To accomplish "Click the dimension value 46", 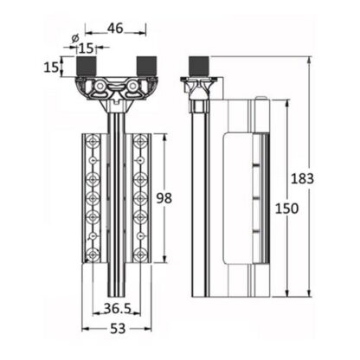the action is [x=115, y=28].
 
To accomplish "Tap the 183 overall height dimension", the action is [x=302, y=178].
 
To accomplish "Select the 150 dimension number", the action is [x=286, y=209].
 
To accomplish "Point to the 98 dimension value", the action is [x=164, y=198].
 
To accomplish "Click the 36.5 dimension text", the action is [x=118, y=309].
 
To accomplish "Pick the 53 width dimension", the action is [x=118, y=329].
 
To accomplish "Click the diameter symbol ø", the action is [x=75, y=38].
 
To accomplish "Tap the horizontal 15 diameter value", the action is [x=87, y=48].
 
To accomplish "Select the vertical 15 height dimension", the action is [x=51, y=67].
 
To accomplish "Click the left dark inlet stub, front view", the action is [x=86, y=67].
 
